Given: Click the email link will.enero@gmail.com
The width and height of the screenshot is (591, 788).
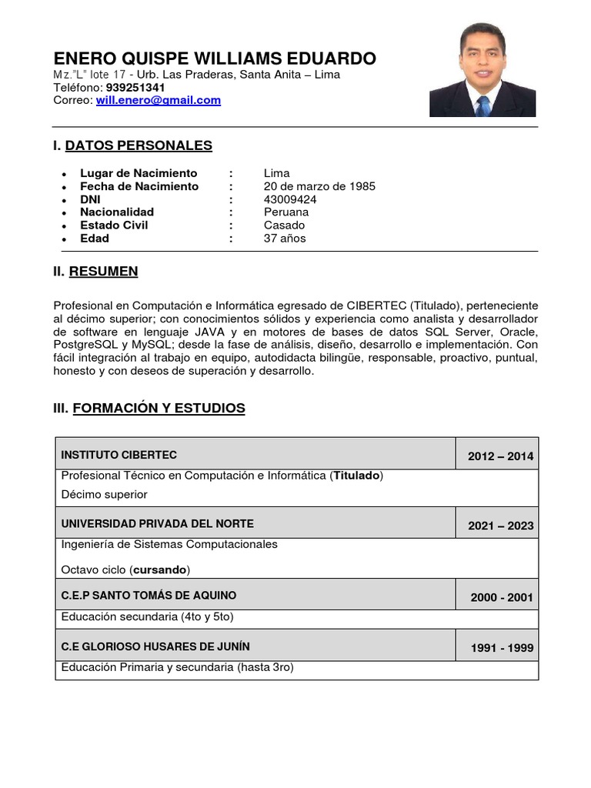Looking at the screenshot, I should [x=158, y=100].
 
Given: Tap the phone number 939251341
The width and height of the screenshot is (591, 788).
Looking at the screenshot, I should [x=135, y=88].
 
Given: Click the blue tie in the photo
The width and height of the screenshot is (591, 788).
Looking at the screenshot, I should [x=483, y=105].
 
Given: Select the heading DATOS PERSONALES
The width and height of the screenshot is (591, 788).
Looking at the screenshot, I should [x=139, y=145].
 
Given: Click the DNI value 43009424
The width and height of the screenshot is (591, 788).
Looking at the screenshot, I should [x=290, y=199].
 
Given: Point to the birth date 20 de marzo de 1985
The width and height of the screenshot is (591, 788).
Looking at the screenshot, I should [x=319, y=186].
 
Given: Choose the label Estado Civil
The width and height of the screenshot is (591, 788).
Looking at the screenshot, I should [x=114, y=225].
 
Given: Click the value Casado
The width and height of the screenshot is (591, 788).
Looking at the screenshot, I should [x=284, y=225].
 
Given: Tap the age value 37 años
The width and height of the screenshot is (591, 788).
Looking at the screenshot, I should [x=285, y=239].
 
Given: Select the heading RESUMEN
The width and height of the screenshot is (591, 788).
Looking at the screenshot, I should [x=103, y=271].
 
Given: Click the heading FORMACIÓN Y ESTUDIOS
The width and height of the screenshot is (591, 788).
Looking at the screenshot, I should [x=159, y=408].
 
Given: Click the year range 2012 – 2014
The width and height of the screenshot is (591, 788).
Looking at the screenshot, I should [x=500, y=456].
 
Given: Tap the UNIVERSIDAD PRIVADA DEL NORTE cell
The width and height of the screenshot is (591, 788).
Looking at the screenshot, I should [x=157, y=524].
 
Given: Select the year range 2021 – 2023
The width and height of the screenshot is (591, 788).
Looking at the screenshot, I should [x=500, y=526].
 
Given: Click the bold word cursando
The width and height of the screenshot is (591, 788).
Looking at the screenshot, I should [x=159, y=570].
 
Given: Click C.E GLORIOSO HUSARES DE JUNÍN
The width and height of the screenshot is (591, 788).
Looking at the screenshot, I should [x=155, y=646].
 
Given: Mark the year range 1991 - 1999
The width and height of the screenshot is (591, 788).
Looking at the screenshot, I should [x=502, y=648].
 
